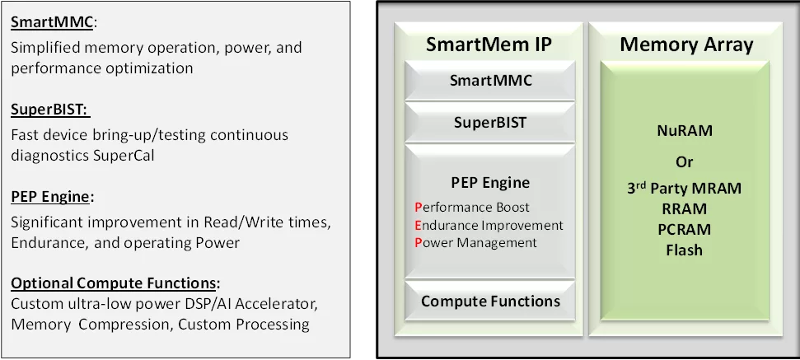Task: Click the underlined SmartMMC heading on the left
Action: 52,22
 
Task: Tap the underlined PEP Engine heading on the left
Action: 49,199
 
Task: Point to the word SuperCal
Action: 124,155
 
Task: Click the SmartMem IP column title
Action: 489,44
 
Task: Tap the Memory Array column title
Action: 686,44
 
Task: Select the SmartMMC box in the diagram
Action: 490,81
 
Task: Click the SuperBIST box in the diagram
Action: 490,123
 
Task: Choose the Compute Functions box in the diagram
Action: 490,301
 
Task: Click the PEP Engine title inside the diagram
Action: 490,183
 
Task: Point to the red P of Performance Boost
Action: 419,208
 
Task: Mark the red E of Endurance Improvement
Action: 419,225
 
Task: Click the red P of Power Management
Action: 419,243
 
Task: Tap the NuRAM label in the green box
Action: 685,131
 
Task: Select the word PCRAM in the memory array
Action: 685,229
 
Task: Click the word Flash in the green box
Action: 685,250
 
